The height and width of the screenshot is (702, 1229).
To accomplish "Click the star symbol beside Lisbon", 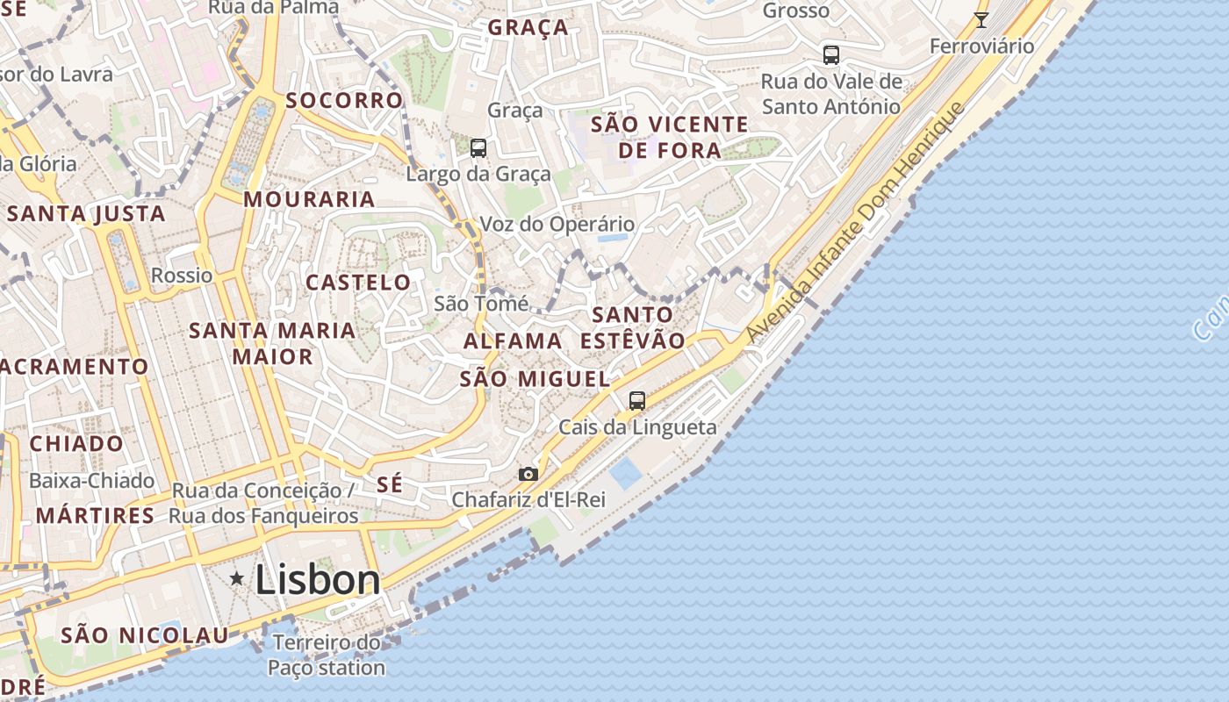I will pyautogui.click(x=236, y=578).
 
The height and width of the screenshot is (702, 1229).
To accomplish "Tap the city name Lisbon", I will pyautogui.click(x=318, y=580).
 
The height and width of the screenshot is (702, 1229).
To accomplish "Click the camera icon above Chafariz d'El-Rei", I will pyautogui.click(x=528, y=474).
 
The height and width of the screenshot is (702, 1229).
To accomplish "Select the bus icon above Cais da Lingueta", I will pyautogui.click(x=637, y=400).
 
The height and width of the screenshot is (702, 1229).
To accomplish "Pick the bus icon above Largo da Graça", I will pyautogui.click(x=478, y=147).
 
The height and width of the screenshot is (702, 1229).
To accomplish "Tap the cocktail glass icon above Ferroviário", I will pyautogui.click(x=981, y=20).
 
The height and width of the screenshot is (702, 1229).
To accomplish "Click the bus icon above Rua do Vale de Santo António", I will pyautogui.click(x=830, y=54).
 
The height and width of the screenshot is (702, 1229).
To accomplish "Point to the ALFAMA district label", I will pyautogui.click(x=513, y=340).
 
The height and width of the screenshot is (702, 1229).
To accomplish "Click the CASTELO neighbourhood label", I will pyautogui.click(x=358, y=282).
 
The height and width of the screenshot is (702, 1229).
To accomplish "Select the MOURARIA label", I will pyautogui.click(x=309, y=199).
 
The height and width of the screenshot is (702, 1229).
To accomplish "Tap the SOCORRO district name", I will pyautogui.click(x=344, y=100).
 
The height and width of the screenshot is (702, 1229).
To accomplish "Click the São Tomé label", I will pyautogui.click(x=481, y=304).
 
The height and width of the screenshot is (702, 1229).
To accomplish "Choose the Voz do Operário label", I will pyautogui.click(x=557, y=224).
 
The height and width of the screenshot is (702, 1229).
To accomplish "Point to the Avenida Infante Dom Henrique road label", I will pyautogui.click(x=855, y=223).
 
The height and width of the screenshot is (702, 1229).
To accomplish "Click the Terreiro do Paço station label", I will pyautogui.click(x=327, y=655).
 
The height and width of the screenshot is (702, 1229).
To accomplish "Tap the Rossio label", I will pyautogui.click(x=182, y=275).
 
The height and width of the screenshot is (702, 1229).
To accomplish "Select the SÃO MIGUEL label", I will pyautogui.click(x=535, y=379).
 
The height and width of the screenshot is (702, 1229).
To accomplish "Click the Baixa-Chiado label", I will pyautogui.click(x=91, y=481).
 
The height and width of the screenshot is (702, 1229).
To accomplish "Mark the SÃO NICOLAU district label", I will pyautogui.click(x=145, y=634).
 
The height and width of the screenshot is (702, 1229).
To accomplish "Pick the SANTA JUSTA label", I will pyautogui.click(x=86, y=213).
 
